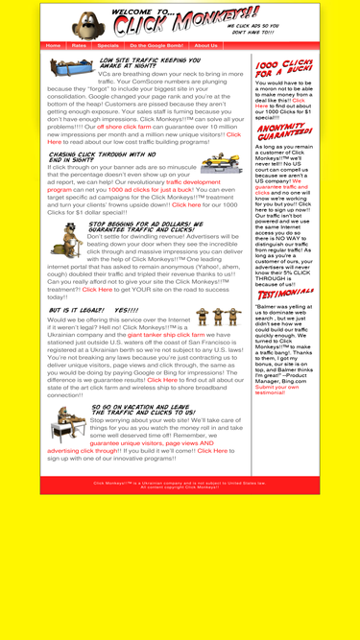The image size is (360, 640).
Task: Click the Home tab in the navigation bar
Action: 53,45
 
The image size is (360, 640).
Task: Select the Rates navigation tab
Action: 79,45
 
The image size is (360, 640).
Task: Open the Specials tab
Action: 108,45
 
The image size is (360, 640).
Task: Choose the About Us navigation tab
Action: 205,45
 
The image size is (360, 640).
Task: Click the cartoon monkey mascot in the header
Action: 89,22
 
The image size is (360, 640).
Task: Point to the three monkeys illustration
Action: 215,318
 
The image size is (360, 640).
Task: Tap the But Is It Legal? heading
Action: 94,311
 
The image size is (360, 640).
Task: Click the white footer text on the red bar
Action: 180,485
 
